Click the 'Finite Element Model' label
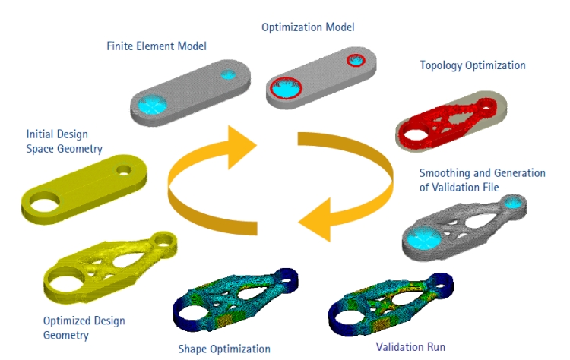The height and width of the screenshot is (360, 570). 156,46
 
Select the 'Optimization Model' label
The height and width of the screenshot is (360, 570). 308,27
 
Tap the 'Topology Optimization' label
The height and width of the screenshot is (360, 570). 472,65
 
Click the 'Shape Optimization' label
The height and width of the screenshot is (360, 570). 223,349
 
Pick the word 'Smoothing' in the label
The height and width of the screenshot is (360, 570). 446,173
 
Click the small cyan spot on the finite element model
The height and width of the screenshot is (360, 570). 228,74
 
